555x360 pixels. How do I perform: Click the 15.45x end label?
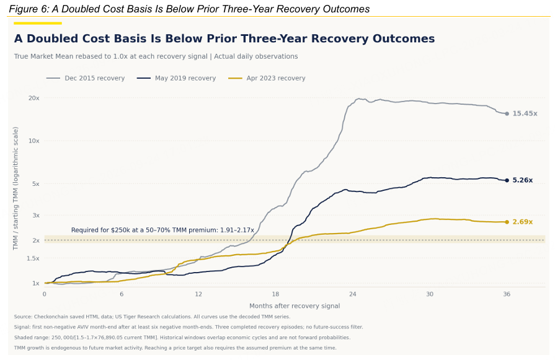(525, 113)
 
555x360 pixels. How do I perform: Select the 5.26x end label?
(522, 180)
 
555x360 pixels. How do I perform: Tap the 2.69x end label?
(522, 222)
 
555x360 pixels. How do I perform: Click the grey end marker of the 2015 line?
(507, 113)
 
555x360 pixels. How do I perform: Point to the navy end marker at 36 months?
(507, 180)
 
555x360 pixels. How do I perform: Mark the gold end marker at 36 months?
(507, 222)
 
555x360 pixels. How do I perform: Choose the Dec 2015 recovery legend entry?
(86, 78)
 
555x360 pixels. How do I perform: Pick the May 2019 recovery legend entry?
(176, 78)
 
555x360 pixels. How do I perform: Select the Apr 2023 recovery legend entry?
(267, 78)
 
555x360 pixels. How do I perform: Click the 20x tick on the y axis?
(34, 98)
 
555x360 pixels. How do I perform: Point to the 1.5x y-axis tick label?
(33, 258)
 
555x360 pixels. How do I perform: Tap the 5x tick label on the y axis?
(36, 184)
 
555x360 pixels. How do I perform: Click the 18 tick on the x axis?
(275, 294)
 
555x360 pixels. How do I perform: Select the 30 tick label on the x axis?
(429, 294)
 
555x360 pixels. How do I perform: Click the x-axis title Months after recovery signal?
(295, 306)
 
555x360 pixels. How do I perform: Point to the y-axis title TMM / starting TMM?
(16, 188)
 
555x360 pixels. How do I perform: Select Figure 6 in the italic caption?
(29, 9)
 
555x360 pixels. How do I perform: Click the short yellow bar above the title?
(38, 24)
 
